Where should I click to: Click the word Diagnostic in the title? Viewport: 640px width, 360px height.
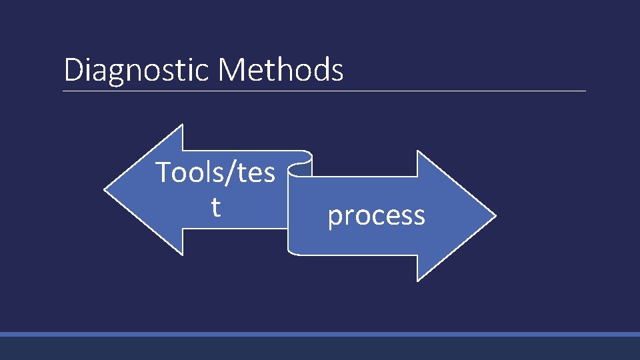(x=136, y=71)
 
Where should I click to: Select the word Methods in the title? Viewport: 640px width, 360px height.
(x=280, y=69)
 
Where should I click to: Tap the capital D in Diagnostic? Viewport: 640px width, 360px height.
(x=72, y=70)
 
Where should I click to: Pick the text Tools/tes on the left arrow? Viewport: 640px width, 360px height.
(x=215, y=173)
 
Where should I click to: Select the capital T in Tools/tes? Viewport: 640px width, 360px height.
(x=163, y=173)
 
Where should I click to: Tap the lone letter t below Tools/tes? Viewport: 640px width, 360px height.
(x=215, y=207)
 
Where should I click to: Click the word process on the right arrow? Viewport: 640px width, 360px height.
(x=376, y=215)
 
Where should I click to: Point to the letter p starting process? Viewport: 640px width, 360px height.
(x=335, y=217)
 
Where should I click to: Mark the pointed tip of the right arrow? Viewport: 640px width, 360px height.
(x=495, y=216)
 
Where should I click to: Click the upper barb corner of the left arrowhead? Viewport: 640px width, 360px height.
(x=182, y=126)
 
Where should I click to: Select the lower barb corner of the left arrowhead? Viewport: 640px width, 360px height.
(x=182, y=254)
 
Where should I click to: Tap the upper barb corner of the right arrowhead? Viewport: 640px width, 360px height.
(x=418, y=152)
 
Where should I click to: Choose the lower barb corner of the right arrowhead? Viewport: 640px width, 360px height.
(x=418, y=280)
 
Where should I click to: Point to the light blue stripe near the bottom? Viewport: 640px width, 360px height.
(x=320, y=334)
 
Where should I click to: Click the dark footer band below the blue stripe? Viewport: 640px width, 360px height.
(x=320, y=348)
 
